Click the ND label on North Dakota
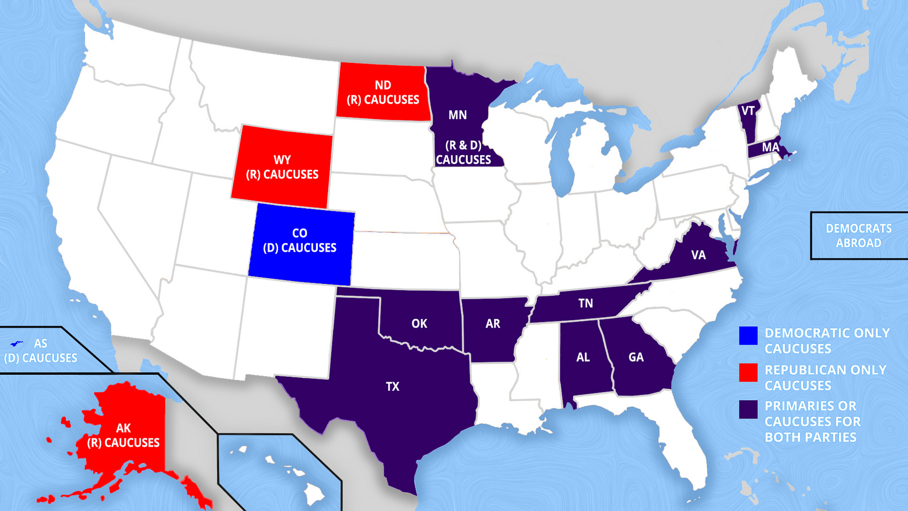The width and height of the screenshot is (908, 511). coord(383,85)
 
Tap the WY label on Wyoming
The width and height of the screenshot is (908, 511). coord(282,160)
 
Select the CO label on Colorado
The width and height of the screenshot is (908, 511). coord(300,233)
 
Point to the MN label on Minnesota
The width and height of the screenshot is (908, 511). coord(457,115)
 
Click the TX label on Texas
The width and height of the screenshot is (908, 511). coord(393,387)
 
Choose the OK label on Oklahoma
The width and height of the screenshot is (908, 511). coord(419,324)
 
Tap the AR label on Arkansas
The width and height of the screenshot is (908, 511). coord(493,324)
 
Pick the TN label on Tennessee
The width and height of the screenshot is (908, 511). coord(586,303)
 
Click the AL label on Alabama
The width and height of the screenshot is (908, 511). coord(583,357)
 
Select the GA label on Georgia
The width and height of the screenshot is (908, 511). coord(636,357)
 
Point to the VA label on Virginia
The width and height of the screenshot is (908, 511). coord(699,255)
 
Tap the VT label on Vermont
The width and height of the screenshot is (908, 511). coord(748,111)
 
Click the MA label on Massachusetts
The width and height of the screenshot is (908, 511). coord(770,148)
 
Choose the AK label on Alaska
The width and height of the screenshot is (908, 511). coord(124,428)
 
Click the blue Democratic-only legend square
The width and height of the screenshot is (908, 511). coord(748,336)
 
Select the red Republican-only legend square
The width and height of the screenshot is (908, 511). coord(748,372)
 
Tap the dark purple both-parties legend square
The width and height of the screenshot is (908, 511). coord(748,409)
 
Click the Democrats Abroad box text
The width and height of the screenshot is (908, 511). coord(859,236)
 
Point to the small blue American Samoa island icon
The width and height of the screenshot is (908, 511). coord(17,344)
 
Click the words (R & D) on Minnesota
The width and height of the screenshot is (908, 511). coord(463,145)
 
